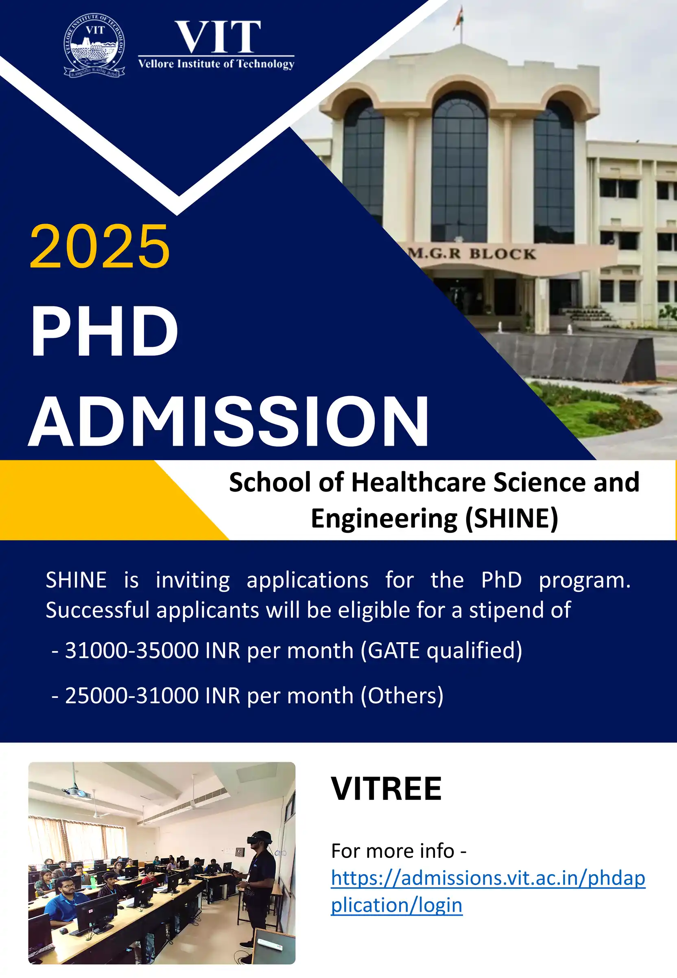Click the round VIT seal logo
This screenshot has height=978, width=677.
[x=94, y=45]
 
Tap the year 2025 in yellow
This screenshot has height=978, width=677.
[x=100, y=247]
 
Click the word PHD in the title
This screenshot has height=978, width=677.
[x=104, y=331]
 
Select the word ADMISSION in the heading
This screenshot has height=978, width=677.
[x=229, y=421]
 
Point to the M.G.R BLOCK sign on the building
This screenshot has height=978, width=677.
[x=472, y=254]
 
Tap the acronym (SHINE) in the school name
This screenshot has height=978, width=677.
[x=511, y=518]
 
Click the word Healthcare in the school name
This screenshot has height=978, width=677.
[x=419, y=482]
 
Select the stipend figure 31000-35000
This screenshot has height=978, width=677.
[x=132, y=650]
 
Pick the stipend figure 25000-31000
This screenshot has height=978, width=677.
[x=132, y=696]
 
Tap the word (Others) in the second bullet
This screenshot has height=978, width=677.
[x=402, y=696]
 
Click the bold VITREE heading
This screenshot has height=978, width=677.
[x=386, y=789]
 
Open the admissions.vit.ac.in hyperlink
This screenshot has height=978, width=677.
[x=488, y=891]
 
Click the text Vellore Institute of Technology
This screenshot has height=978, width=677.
[x=216, y=63]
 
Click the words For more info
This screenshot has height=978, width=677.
[x=393, y=851]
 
